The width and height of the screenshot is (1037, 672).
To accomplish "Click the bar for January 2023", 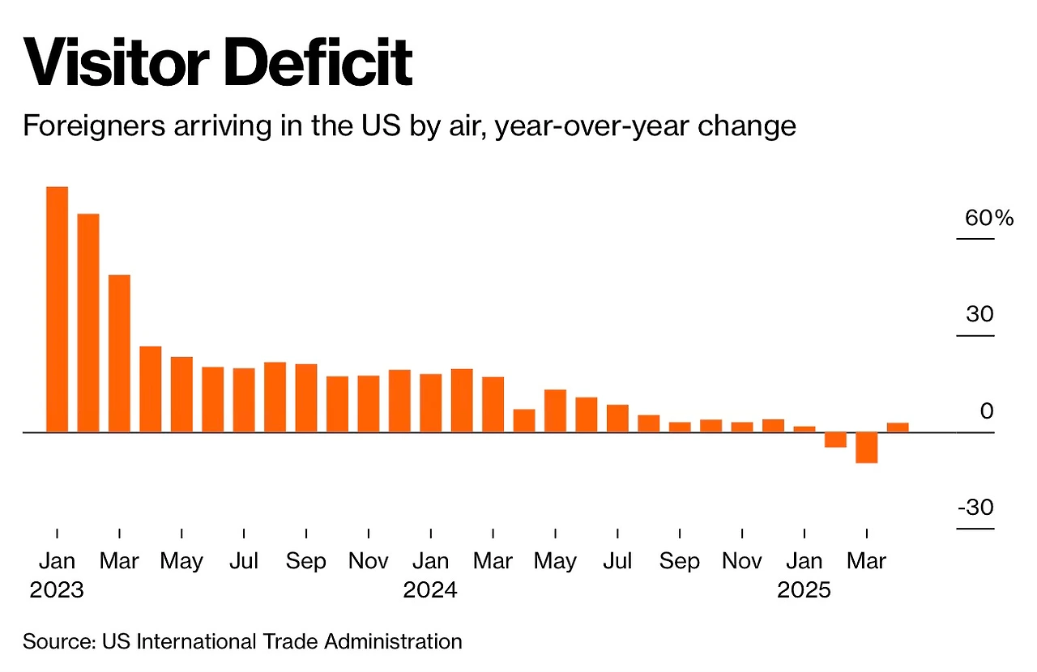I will click(57, 309).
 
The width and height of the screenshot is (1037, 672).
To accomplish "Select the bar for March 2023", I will click(119, 354).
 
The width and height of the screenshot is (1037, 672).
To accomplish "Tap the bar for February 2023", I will click(88, 323).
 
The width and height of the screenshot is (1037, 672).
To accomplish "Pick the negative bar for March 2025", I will click(867, 448).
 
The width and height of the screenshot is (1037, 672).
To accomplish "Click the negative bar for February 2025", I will click(835, 440).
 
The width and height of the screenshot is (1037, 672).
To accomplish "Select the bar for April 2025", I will click(898, 427).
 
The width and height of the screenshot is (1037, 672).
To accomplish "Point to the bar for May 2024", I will click(555, 411).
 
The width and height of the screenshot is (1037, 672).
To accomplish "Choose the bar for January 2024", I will click(430, 403).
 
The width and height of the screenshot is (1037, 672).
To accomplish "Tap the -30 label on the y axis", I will click(975, 508).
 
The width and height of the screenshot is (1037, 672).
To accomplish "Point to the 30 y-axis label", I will click(979, 314).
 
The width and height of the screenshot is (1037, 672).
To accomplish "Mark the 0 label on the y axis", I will click(986, 411).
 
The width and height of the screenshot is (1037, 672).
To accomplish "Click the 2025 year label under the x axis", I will click(804, 590).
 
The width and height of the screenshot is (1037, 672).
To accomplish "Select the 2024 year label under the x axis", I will click(430, 590).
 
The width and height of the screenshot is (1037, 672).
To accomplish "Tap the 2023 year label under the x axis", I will click(57, 590).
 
